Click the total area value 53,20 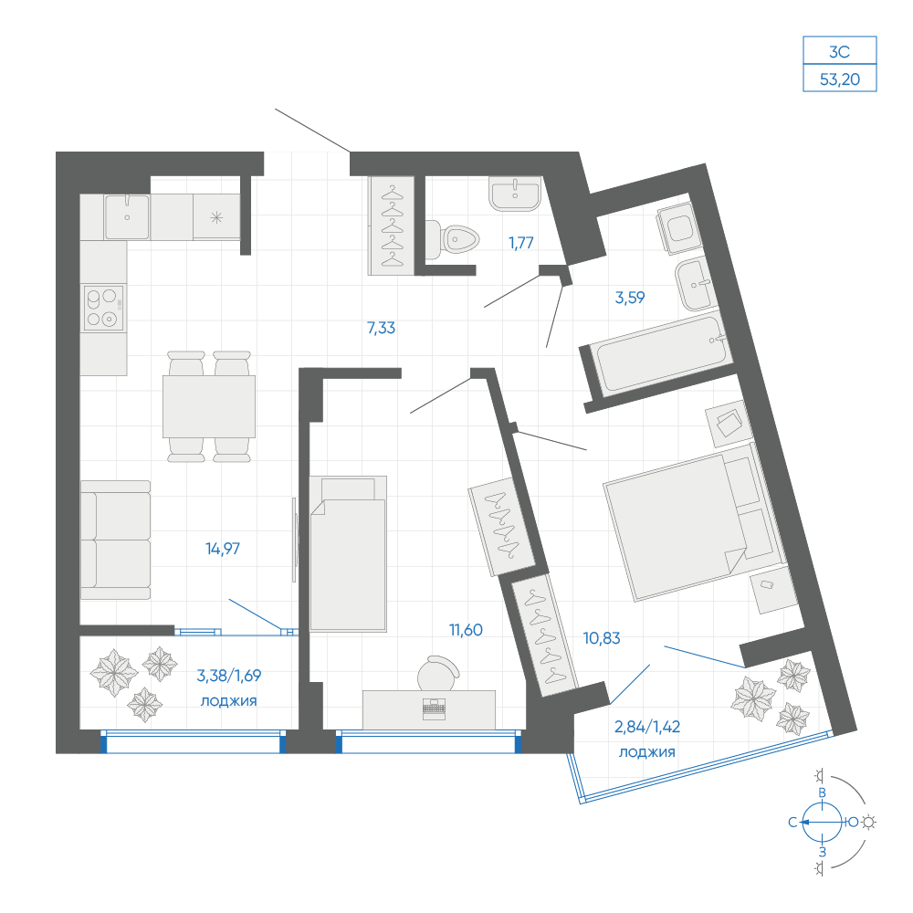pyautogui.click(x=840, y=79)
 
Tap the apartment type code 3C pyautogui.click(x=840, y=52)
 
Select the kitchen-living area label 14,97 pyautogui.click(x=223, y=549)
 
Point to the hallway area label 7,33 pyautogui.click(x=382, y=328)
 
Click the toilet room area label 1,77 pyautogui.click(x=521, y=243)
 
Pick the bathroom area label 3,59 pyautogui.click(x=630, y=298)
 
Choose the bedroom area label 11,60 pyautogui.click(x=466, y=630)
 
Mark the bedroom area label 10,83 pyautogui.click(x=602, y=638)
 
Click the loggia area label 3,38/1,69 pyautogui.click(x=229, y=676)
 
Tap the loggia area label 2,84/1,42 pyautogui.click(x=647, y=727)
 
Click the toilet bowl pyautogui.click(x=453, y=239)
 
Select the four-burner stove pyautogui.click(x=104, y=307)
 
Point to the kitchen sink pyautogui.click(x=127, y=216)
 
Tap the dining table pyautogui.click(x=209, y=406)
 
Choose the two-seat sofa pyautogui.click(x=115, y=540)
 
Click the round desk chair pyautogui.click(x=438, y=673)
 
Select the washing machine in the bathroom pyautogui.click(x=677, y=228)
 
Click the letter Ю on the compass pyautogui.click(x=853, y=823)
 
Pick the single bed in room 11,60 pyautogui.click(x=348, y=554)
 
